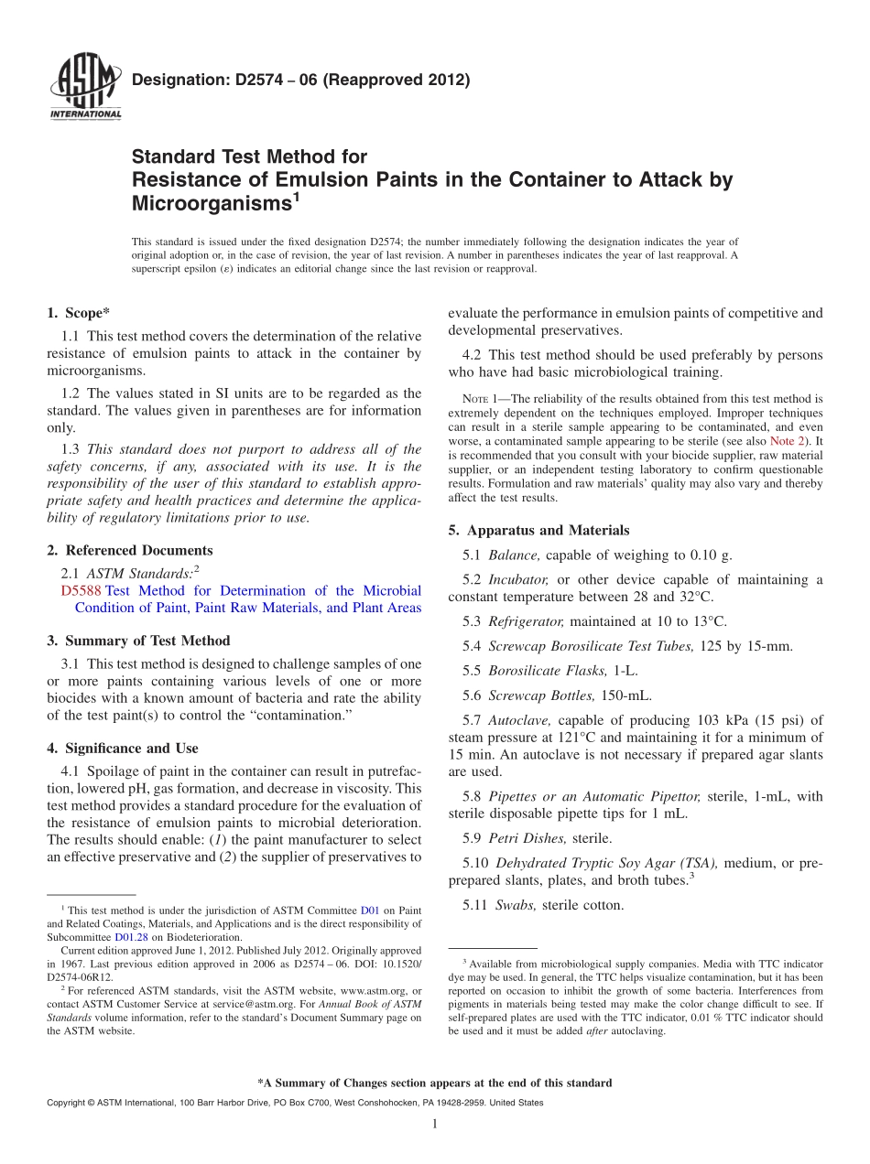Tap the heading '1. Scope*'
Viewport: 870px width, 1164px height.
point(79,313)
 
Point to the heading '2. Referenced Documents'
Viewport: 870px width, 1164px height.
point(129,550)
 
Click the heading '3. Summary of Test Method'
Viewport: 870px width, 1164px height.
point(138,641)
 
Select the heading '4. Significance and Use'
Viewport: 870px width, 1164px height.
point(122,748)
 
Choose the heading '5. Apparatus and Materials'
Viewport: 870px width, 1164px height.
point(538,530)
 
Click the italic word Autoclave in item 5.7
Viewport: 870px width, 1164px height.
point(519,720)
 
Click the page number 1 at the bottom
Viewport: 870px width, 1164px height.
point(435,1124)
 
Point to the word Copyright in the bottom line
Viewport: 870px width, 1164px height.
point(68,1103)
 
